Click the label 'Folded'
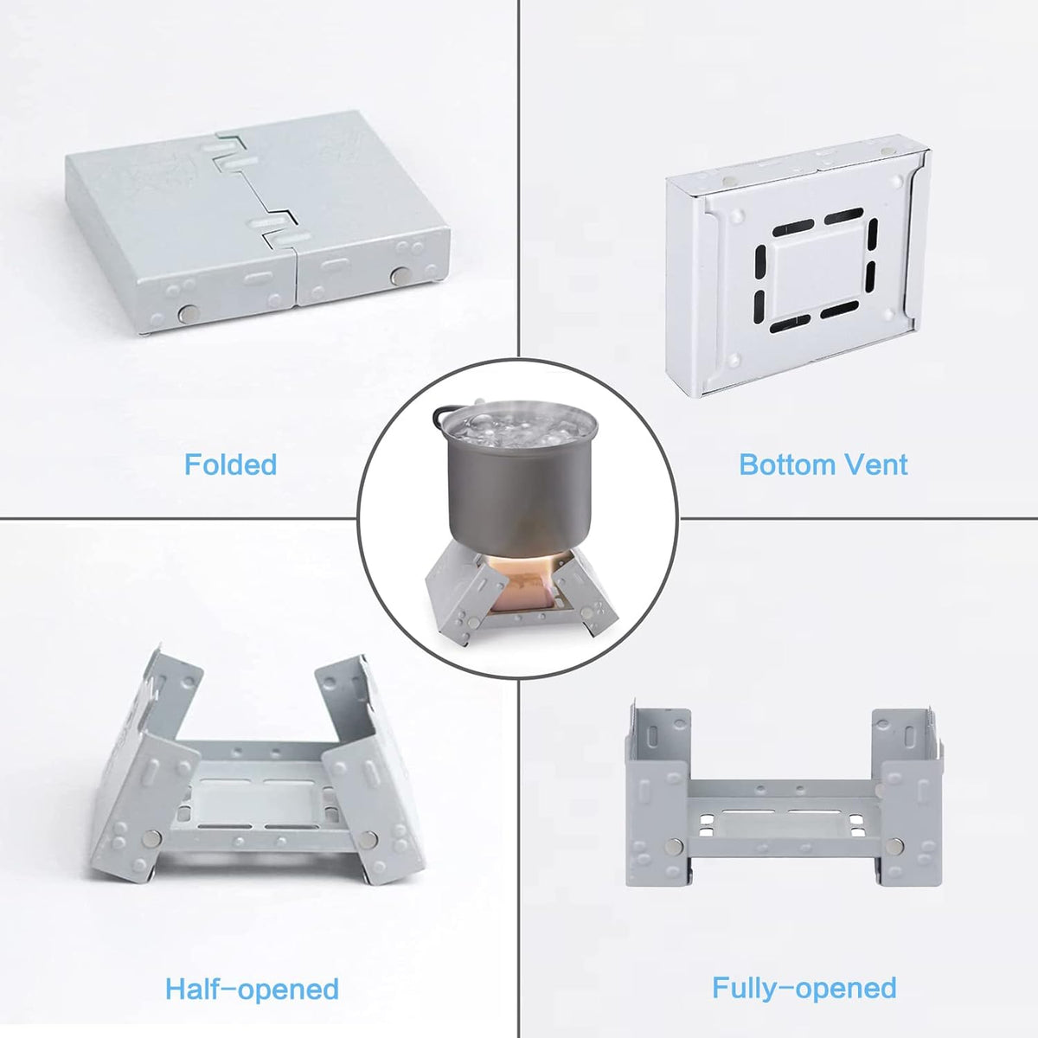click(230, 465)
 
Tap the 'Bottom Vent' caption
click(823, 465)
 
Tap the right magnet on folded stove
click(400, 275)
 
